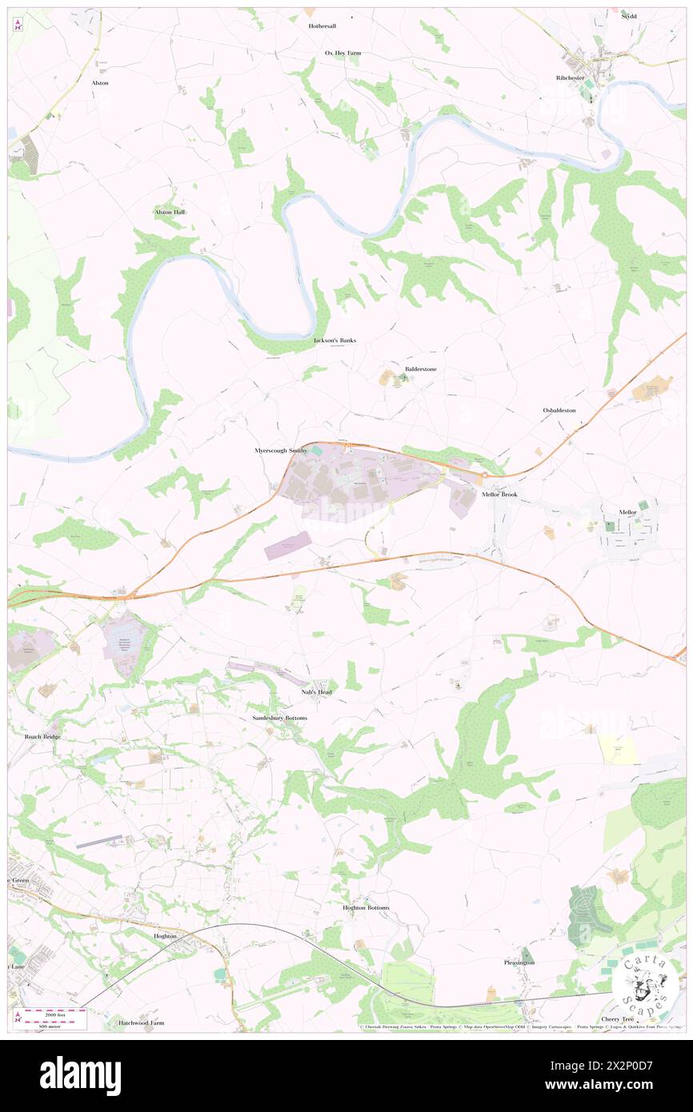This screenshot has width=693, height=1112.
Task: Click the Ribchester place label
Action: pos(571,78)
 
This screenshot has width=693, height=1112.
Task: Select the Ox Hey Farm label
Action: pos(342,53)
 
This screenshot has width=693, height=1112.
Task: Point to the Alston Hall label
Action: pos(170,212)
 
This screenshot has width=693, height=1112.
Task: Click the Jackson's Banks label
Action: pos(334,340)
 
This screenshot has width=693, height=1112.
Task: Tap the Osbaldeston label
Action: pos(559,410)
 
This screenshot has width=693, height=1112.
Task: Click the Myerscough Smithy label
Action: pos(280,450)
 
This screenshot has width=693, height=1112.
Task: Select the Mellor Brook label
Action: pos(500,494)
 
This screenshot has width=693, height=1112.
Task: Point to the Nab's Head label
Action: pos(316,691)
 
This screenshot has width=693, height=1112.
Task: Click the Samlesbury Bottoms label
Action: pos(274,718)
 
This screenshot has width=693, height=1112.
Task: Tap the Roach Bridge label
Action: pos(42,736)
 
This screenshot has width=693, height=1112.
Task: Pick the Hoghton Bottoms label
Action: pos(366,908)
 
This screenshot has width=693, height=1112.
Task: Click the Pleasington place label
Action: pos(519,962)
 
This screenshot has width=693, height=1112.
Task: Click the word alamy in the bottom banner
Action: pos(80,1075)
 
